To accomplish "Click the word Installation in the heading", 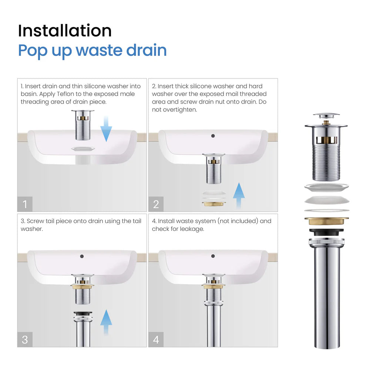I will coord(65,31).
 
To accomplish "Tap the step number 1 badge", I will coord(25,204).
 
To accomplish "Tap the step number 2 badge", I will coord(156,204).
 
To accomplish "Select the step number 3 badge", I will coord(25,340).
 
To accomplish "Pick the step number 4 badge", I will coord(156,340).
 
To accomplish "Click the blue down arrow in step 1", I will coord(106,128).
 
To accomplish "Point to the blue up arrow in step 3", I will coord(106,322).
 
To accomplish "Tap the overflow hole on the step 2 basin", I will coord(213,136).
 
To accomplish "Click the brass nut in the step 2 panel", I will coord(213,203).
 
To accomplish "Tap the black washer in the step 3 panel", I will coord(83,314).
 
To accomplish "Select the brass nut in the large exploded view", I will coord(327,221).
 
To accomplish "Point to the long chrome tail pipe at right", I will coord(327,296).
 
